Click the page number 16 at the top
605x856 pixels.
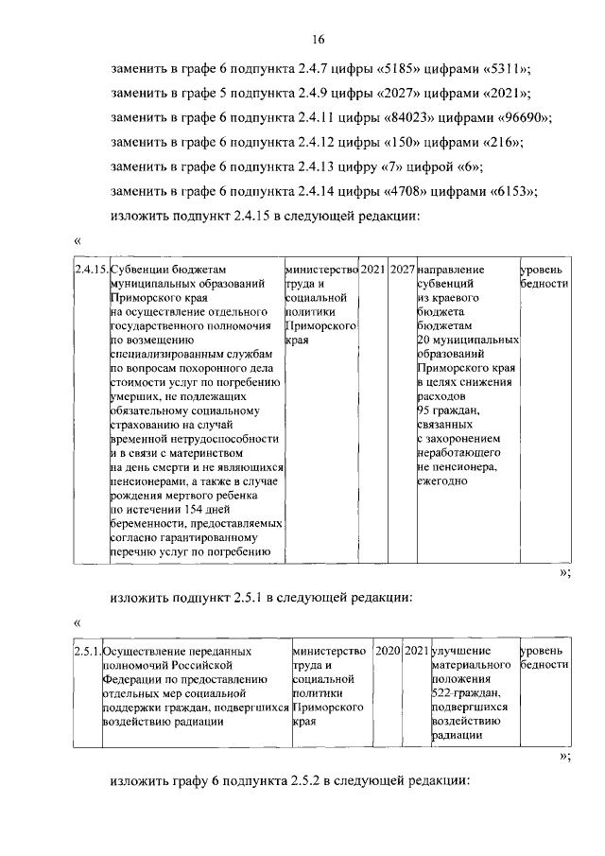[x=319, y=39]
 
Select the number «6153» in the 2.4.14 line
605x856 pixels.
[x=511, y=191]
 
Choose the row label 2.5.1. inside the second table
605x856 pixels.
[x=87, y=652]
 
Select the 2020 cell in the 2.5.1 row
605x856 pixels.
[x=388, y=652]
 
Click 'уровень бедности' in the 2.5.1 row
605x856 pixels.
[x=544, y=658]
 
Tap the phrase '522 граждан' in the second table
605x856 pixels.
[x=462, y=692]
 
